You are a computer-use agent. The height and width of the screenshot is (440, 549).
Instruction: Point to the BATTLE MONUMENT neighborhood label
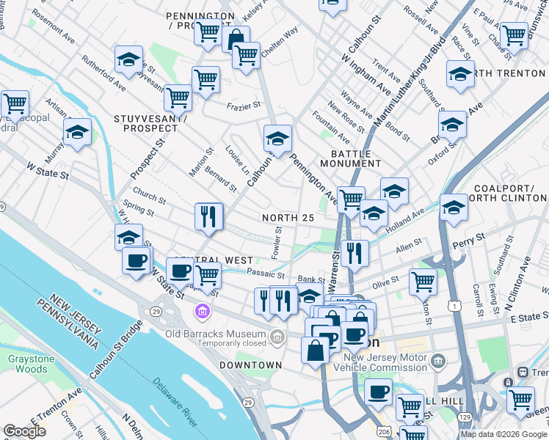(x=356, y=158)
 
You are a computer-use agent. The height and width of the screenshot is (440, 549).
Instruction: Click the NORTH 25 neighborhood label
(x=288, y=218)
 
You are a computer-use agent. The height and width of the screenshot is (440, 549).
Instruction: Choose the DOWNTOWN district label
(x=250, y=364)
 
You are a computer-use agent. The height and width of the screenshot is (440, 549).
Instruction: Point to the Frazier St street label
(x=241, y=106)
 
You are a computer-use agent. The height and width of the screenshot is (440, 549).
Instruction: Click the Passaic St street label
(x=266, y=273)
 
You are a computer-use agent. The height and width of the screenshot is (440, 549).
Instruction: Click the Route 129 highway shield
(x=465, y=417)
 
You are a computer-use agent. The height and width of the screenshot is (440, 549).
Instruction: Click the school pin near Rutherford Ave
(x=128, y=60)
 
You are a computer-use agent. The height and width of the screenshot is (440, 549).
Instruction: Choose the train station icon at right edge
(x=523, y=373)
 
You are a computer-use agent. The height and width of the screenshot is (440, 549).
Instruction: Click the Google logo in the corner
(x=24, y=431)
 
